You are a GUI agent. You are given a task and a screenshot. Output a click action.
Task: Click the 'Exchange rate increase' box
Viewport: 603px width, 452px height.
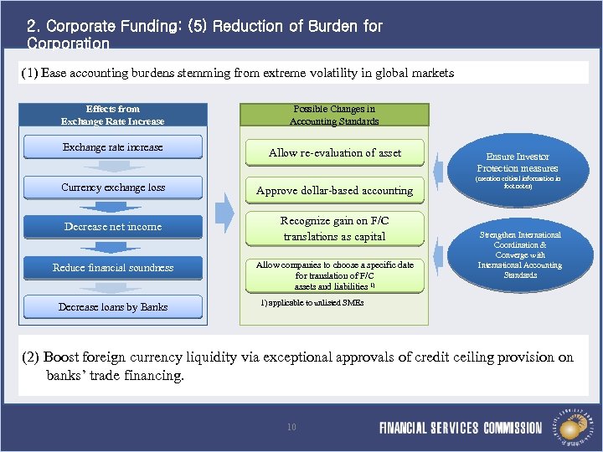113,148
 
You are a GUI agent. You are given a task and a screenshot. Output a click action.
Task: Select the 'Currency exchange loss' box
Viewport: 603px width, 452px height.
113,187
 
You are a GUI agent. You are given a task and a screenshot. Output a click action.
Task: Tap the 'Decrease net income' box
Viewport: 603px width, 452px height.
113,227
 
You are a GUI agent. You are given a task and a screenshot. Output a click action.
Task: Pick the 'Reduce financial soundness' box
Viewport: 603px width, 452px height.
113,268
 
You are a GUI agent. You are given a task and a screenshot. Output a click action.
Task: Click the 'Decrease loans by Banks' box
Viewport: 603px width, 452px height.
113,307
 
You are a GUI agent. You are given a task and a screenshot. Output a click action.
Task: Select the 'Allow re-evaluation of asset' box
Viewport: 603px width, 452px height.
334,153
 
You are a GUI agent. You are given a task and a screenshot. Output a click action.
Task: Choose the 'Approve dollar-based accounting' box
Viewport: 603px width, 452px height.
334,191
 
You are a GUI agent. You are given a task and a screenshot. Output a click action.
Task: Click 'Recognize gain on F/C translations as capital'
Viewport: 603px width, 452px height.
334,229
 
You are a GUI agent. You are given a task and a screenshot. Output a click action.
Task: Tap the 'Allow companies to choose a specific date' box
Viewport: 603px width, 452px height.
334,275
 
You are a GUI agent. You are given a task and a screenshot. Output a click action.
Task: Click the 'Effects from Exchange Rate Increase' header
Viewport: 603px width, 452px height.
113,115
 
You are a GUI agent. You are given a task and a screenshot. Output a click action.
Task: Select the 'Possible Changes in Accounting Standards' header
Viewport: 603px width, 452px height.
334,115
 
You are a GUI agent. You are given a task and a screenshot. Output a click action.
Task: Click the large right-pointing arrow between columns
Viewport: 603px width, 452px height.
224,213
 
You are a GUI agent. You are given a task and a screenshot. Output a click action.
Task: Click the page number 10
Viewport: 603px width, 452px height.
291,427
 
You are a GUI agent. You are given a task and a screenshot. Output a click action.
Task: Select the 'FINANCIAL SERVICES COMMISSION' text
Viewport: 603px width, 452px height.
461,428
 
